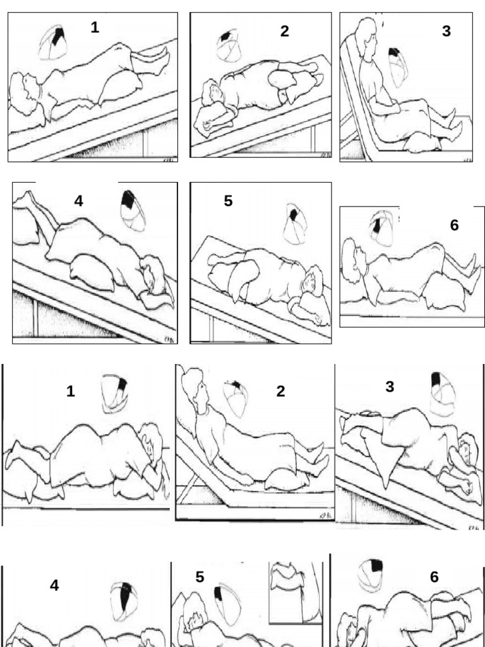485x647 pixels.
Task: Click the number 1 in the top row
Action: tap(94, 27)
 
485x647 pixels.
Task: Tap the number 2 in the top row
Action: tap(285, 32)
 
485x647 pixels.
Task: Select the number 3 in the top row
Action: tap(446, 32)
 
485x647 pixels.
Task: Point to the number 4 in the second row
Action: tap(78, 201)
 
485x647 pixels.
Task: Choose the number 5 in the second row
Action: tap(228, 201)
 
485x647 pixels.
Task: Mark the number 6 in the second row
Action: tap(454, 226)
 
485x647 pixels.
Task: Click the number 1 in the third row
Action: tap(71, 392)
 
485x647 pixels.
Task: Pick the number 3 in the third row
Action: tap(390, 387)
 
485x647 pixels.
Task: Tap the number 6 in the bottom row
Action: tap(434, 577)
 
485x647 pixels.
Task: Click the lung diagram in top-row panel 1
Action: tap(54, 42)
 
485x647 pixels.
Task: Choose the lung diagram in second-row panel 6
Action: tap(382, 227)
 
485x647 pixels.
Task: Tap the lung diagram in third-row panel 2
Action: tap(236, 398)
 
